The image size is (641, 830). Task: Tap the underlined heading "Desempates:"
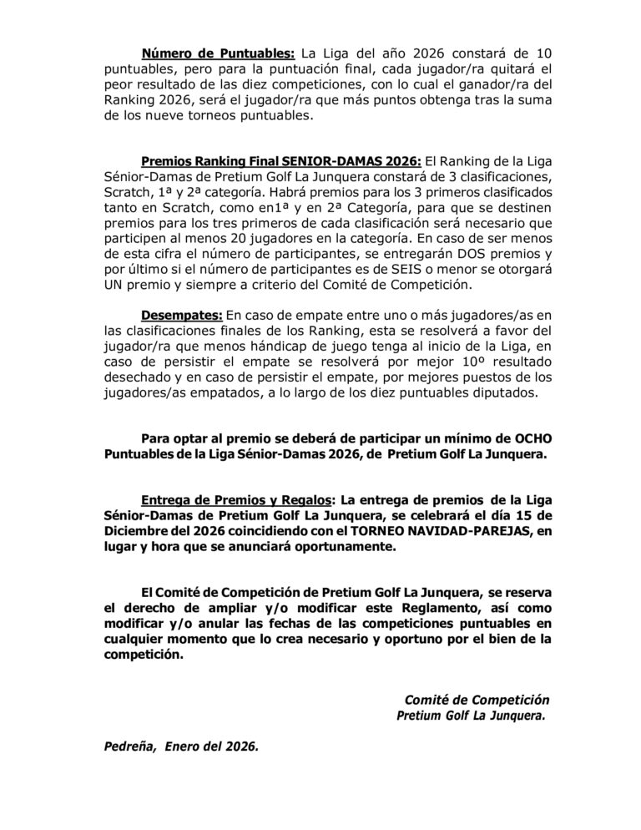tap(181, 314)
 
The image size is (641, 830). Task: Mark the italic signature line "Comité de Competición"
tap(477, 699)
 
